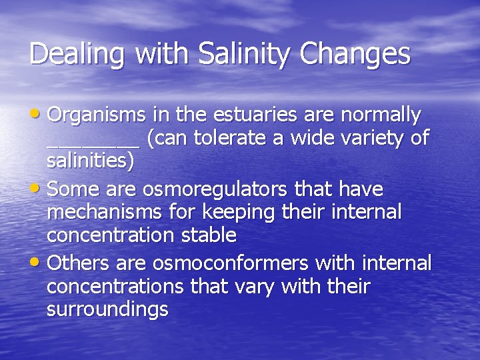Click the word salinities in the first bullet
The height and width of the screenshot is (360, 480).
(x=91, y=161)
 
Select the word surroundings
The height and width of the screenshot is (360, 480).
(x=107, y=309)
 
